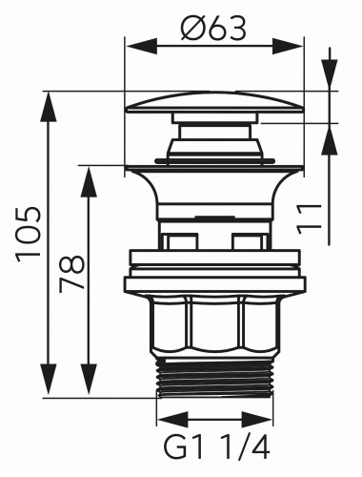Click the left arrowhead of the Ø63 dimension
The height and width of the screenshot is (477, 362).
[x=133, y=46]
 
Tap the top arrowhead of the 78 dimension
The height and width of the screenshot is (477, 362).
[x=90, y=172]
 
